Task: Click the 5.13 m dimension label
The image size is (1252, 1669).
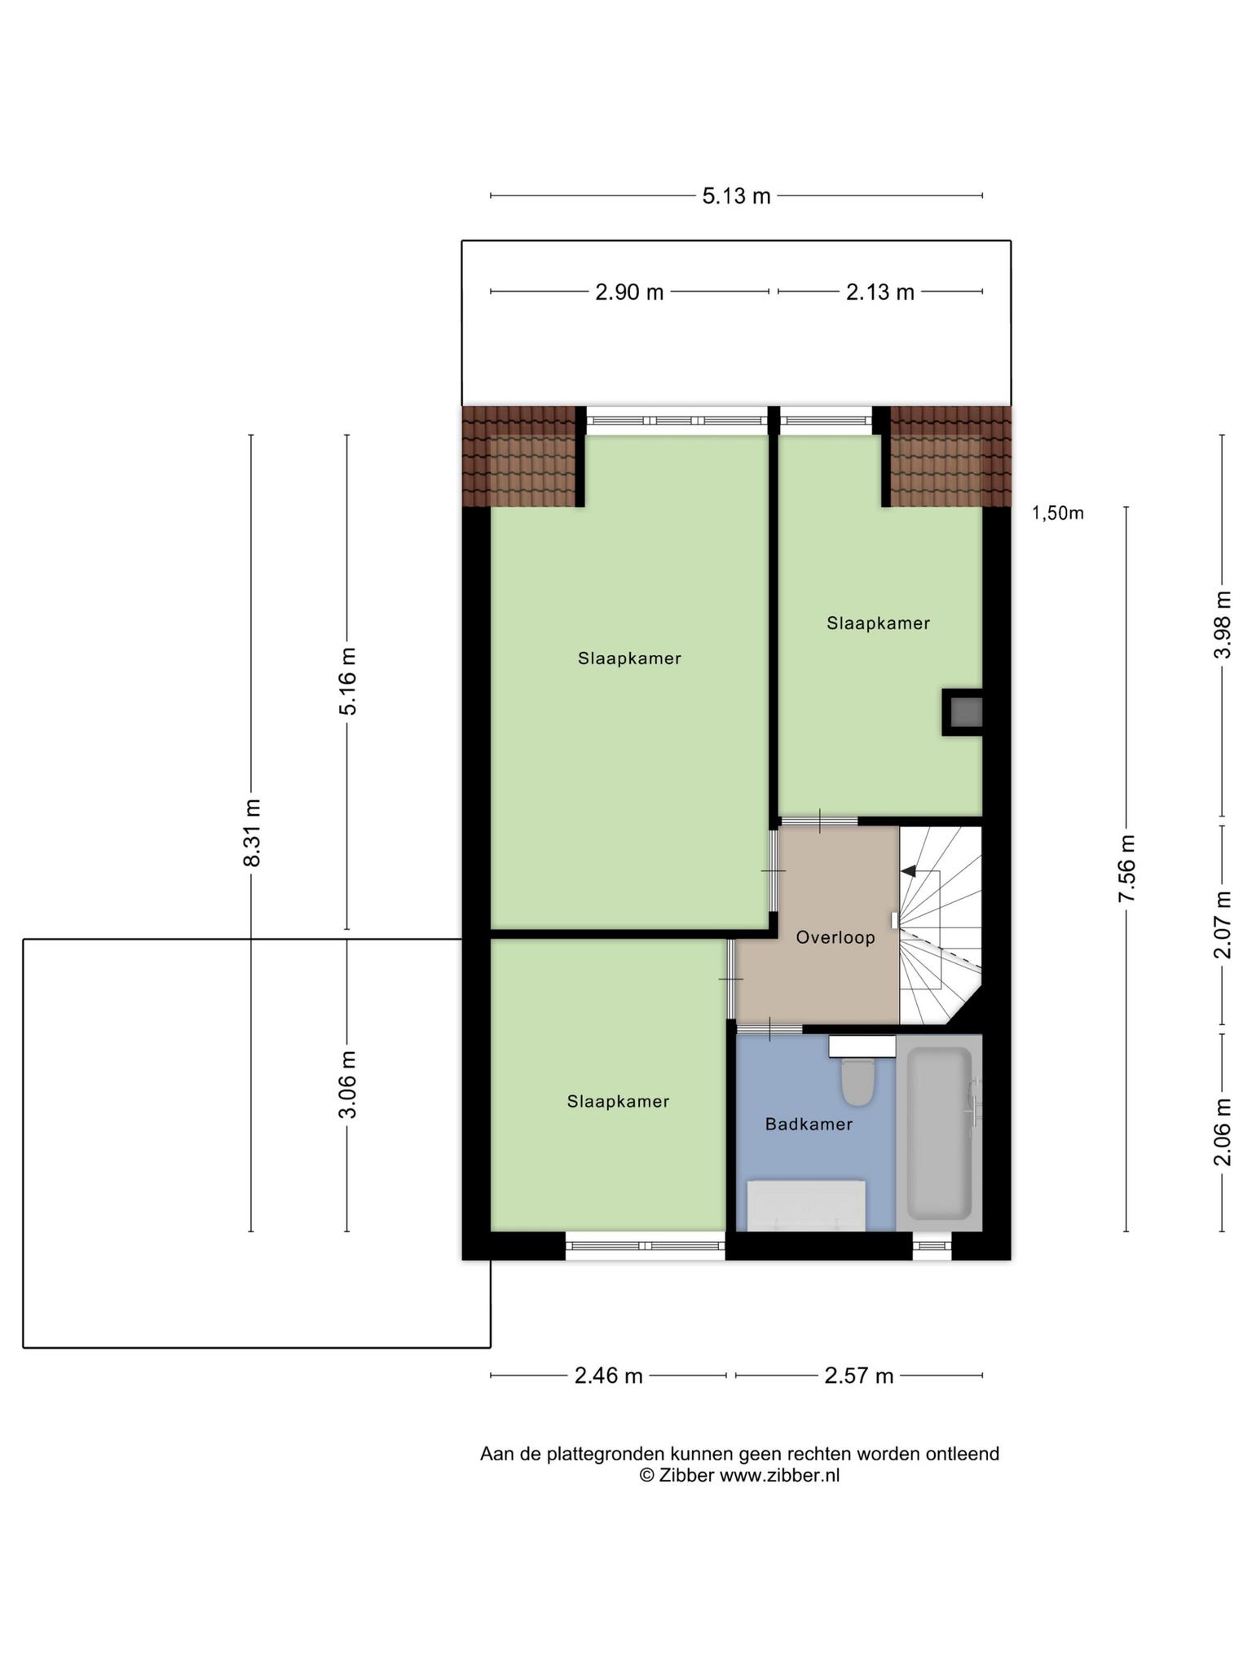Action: click(x=736, y=196)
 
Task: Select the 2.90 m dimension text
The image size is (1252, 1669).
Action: click(x=629, y=293)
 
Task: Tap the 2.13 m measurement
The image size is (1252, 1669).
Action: click(x=879, y=293)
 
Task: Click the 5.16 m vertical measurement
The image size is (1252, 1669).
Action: click(x=348, y=681)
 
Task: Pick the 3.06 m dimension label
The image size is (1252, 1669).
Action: click(x=348, y=1085)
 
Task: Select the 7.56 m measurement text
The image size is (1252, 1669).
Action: click(x=1127, y=869)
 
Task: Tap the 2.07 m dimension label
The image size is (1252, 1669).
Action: click(x=1223, y=925)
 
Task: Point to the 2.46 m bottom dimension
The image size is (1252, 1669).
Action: click(x=609, y=1376)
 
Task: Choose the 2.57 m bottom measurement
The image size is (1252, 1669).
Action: click(x=859, y=1376)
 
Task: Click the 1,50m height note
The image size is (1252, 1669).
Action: click(x=1058, y=513)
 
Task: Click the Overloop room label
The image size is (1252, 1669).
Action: click(x=835, y=937)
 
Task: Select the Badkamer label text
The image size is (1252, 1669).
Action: click(x=809, y=1125)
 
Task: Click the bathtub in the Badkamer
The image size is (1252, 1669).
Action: click(x=940, y=1134)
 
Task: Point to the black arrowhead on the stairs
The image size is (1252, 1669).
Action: click(x=907, y=871)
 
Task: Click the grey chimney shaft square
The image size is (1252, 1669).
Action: click(x=963, y=713)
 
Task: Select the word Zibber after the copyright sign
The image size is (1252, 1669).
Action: click(x=686, y=1476)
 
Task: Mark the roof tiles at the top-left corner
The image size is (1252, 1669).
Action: click(x=519, y=456)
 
